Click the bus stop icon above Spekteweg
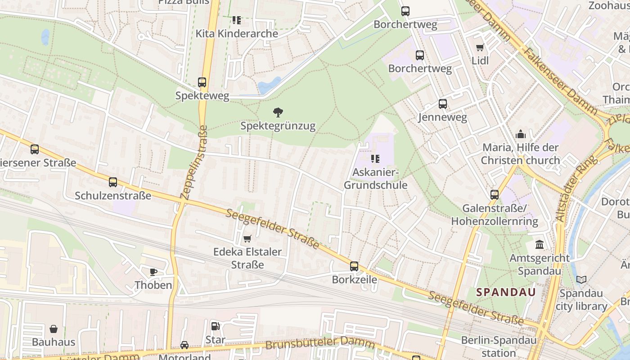coord(202,82)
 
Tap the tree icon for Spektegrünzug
coord(278,112)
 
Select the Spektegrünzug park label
coord(278,126)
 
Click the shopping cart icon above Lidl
coord(480,47)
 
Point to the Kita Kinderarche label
coord(237,34)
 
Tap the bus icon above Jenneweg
coord(443,104)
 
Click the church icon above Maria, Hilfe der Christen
coord(521,134)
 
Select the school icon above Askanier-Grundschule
coord(375,158)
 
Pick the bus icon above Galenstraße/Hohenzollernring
coord(495,195)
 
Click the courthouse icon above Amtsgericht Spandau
coord(540,245)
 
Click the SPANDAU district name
coord(506,292)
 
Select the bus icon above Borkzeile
coord(354,266)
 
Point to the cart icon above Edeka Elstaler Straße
coord(247,238)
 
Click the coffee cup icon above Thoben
coord(153,271)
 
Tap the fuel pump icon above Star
coord(215,326)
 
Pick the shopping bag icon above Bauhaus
coord(54,329)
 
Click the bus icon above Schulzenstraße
coord(113,182)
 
